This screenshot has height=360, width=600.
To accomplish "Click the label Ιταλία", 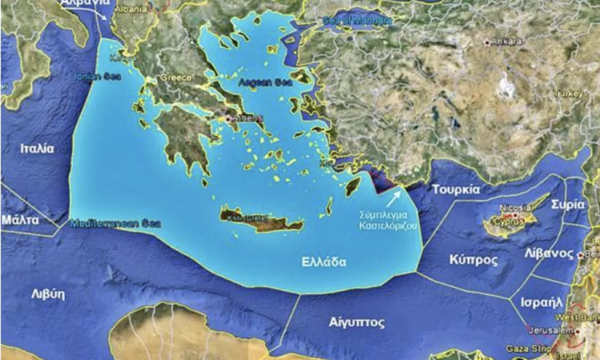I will [37, 148].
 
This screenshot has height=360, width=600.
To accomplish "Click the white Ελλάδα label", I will [324, 262].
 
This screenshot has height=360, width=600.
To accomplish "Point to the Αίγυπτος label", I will [357, 322].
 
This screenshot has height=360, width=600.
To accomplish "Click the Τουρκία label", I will [456, 190].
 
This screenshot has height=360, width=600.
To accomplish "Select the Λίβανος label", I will [549, 253].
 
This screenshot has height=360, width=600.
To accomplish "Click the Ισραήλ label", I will [542, 302].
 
